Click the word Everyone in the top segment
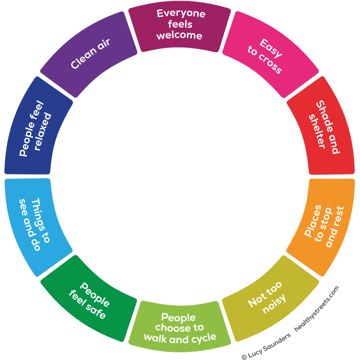point(181,14)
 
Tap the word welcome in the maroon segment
point(179,36)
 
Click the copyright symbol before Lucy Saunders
point(245,356)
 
